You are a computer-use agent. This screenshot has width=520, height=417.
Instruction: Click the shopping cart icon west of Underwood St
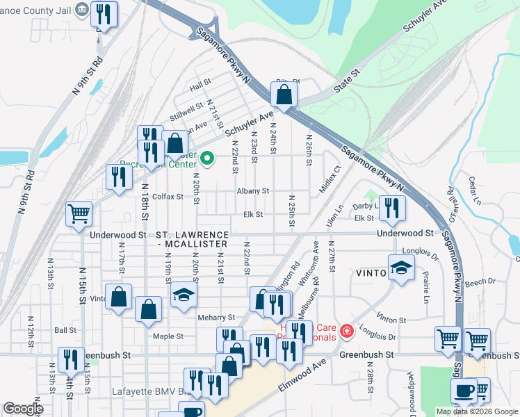tap(79, 213)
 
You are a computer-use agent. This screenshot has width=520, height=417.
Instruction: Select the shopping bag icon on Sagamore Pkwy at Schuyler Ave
tap(284, 95)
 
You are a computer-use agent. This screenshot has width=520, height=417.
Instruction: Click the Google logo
tap(23, 409)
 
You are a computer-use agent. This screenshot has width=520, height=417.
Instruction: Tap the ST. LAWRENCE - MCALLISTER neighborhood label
tap(192, 240)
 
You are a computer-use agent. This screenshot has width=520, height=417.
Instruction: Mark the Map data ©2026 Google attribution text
tap(476, 411)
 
